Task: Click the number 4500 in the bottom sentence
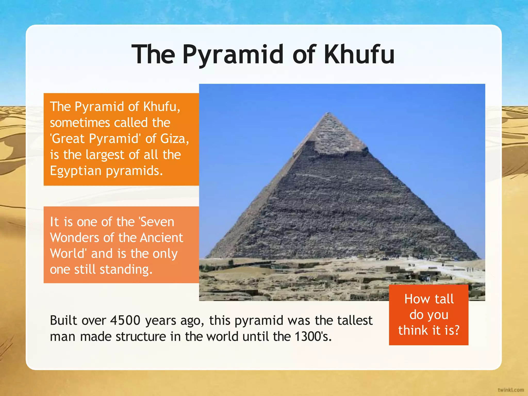coord(125,320)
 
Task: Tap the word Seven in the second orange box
coord(157,222)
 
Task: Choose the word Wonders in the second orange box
coord(74,238)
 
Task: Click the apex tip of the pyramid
coord(328,113)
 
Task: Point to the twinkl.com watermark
coord(511,390)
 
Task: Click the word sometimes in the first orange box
coord(80,123)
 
